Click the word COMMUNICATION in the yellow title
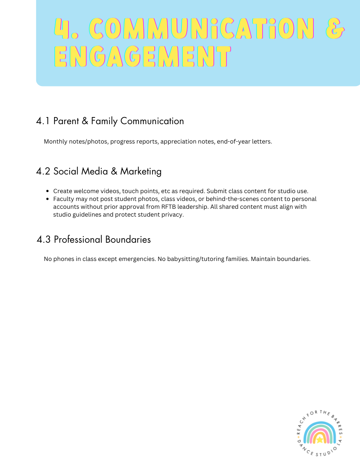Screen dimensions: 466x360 pos(201,29)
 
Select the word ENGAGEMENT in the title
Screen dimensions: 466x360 pos(142,57)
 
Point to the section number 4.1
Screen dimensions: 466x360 pos(43,121)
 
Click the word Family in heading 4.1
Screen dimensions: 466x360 pos(104,121)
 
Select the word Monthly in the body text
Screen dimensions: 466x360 pos(56,142)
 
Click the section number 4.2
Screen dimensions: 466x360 pos(43,171)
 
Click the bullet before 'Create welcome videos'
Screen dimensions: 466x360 pos(48,191)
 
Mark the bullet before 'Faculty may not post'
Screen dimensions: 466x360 pos(48,199)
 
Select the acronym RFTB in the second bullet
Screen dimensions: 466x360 pos(168,207)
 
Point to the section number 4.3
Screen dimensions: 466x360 pos(44,240)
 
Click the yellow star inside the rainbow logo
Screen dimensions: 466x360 pos(319,440)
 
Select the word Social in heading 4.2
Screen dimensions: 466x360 pos(66,171)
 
